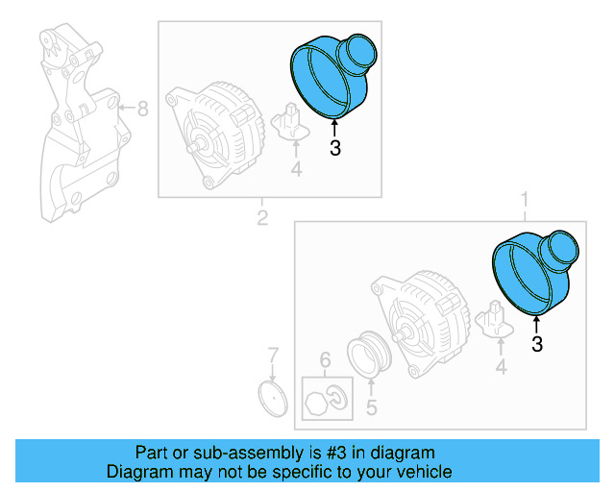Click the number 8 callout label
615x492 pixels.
coord(142,109)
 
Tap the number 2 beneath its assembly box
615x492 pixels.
coord(261,218)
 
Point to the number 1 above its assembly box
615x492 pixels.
coord(525,200)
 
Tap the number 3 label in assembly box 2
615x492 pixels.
coord(334,148)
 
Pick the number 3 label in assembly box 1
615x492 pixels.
coord(536,344)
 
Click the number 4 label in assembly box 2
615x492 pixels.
coord(296,170)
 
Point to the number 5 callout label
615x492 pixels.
coord(371,406)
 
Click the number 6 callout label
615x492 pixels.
coord(325,360)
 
